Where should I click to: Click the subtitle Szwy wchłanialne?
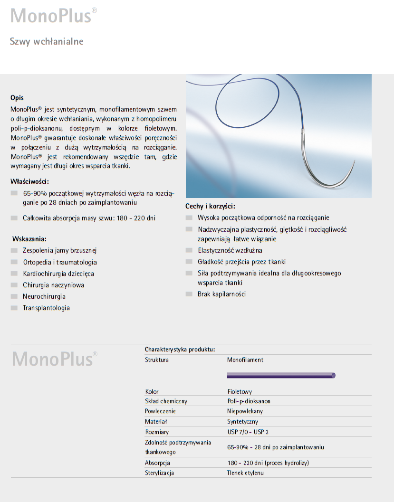pos(47,42)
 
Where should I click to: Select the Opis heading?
pos(17,98)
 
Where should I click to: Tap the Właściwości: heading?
pos(29,181)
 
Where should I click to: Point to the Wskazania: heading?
pos(29,239)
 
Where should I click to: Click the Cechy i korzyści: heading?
pos(210,206)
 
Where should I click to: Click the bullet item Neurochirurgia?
pos(44,296)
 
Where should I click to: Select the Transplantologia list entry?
pos(46,308)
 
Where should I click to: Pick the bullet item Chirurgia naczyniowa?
pos(53,285)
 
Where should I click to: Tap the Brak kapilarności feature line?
pos(221,294)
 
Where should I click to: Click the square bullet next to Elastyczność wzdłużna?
pos(189,250)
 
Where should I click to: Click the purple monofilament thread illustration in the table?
pos(281,376)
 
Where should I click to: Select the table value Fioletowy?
pos(240,392)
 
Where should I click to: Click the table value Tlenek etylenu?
pos(245,473)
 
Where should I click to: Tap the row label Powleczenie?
pos(160,411)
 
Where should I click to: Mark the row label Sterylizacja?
pos(159,473)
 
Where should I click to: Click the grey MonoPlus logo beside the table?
pos(55,359)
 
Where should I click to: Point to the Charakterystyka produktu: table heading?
pos(180,350)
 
